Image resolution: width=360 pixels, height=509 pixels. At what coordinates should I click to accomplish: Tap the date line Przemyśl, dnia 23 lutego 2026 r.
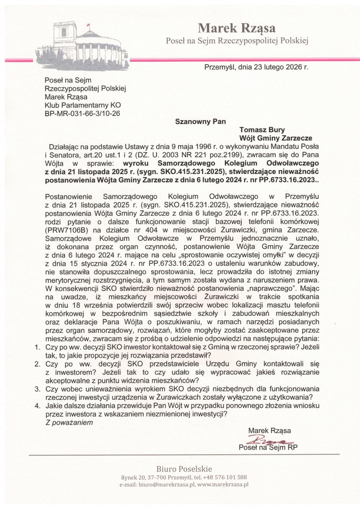(x=256, y=67)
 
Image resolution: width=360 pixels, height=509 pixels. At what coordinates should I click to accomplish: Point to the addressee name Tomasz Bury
(x=262, y=130)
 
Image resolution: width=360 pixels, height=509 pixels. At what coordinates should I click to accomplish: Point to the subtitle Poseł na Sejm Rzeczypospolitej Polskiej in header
(x=237, y=41)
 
